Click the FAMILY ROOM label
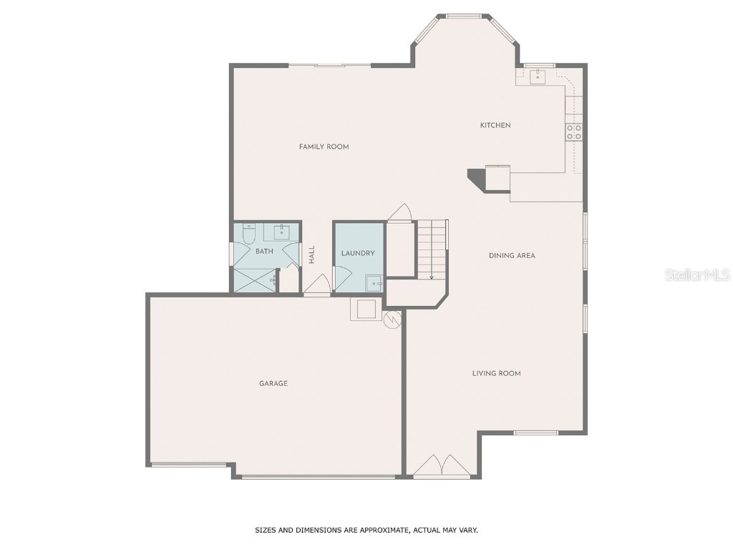coord(324,147)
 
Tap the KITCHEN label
coord(495,125)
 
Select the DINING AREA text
coord(512,255)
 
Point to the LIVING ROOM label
coord(496,373)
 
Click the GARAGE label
coord(273,383)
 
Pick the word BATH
coord(264,251)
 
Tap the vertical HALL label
coord(312,255)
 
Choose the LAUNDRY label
coord(358,253)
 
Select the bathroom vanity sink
coord(281,232)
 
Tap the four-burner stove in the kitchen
coord(574,132)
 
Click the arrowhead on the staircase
coord(432,276)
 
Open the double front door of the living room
coord(442,466)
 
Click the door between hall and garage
coord(316,286)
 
